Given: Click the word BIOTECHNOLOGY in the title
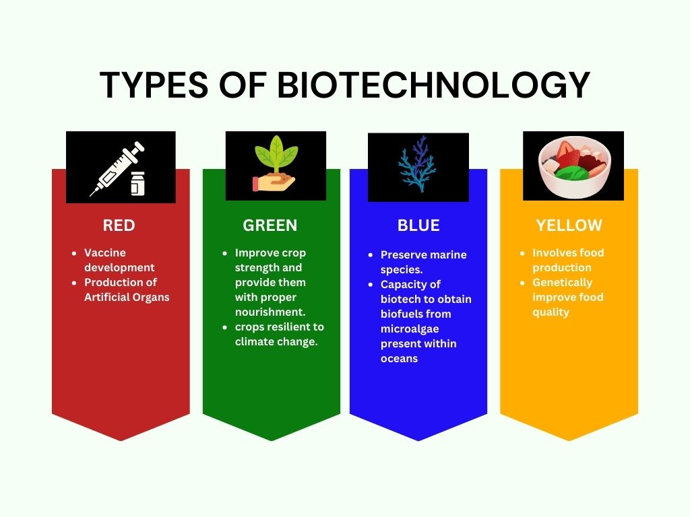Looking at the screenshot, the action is pos(433,84).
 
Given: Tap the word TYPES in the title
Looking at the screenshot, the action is pos(154,84).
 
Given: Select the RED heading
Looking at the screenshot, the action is pos(119,225).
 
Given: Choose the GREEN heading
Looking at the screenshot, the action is pos(270,225).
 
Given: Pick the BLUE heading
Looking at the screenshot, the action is pos(418,225).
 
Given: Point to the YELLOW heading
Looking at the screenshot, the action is pos(569,225).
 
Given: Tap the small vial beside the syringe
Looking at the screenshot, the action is pos(137,183).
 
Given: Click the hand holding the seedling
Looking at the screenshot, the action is pos(274,182).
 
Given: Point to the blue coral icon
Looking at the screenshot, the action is pos(417,164).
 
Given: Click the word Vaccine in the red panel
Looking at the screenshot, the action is pos(104,253).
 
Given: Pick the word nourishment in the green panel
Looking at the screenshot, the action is pos(270,312).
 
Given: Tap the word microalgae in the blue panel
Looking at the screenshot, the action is pos(410,329).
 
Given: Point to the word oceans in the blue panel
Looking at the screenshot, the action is pos(399,359).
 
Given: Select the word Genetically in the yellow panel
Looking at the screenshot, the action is pos(563,283).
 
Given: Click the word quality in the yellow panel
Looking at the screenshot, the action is pos(551,312).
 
